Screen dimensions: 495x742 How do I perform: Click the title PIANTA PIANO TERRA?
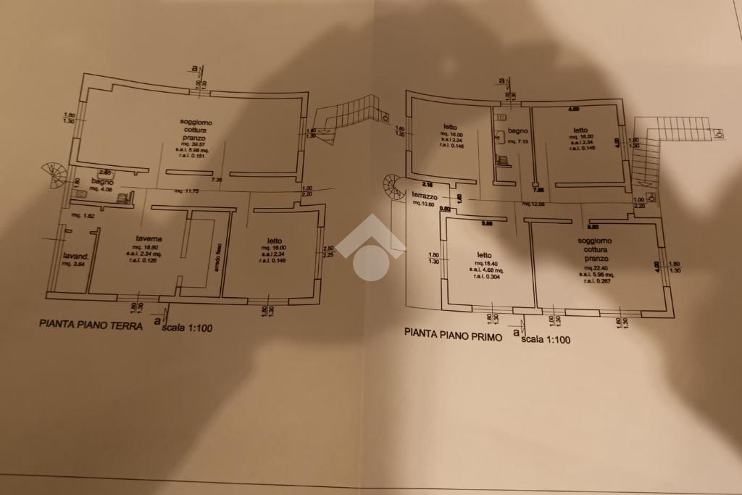point(91,325)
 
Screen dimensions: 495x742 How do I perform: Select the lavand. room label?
point(75,256)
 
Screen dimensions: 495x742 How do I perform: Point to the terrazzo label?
point(425,196)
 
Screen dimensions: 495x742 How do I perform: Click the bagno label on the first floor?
point(517,131)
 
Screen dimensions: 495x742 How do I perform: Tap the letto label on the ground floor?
point(274,241)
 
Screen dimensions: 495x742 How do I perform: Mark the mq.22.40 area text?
point(595,267)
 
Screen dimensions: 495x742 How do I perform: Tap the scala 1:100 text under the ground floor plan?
point(188,328)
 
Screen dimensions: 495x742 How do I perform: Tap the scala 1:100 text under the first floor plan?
point(546,339)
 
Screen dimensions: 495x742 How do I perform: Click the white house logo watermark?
point(370,248)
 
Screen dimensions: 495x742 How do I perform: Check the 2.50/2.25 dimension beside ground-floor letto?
point(328,251)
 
